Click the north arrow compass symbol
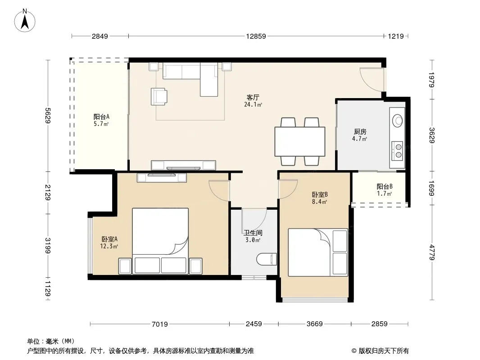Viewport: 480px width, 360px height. pyautogui.click(x=25, y=20)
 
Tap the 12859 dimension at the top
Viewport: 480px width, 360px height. pyautogui.click(x=256, y=36)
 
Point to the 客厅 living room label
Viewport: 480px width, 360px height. pyautogui.click(x=253, y=98)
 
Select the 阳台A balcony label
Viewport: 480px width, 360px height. pyautogui.click(x=101, y=117)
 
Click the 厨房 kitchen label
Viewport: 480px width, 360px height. pyautogui.click(x=360, y=132)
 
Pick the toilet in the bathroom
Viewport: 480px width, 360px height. pyautogui.click(x=267, y=259)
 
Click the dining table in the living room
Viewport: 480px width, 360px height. pyautogui.click(x=300, y=142)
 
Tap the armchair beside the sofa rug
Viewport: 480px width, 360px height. pyautogui.click(x=159, y=96)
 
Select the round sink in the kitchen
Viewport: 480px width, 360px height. pyautogui.click(x=398, y=120)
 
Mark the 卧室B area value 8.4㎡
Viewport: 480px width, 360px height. pyautogui.click(x=319, y=202)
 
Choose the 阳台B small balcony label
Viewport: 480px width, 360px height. pyautogui.click(x=385, y=187)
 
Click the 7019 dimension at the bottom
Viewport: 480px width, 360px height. pyautogui.click(x=160, y=324)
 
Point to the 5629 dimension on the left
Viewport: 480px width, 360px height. pyautogui.click(x=47, y=115)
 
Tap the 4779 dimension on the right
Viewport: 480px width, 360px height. pyautogui.click(x=432, y=252)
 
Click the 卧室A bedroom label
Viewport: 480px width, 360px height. pyautogui.click(x=109, y=239)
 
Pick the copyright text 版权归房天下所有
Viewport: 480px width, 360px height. pyautogui.click(x=383, y=351)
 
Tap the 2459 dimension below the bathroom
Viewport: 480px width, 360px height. pyautogui.click(x=254, y=324)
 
